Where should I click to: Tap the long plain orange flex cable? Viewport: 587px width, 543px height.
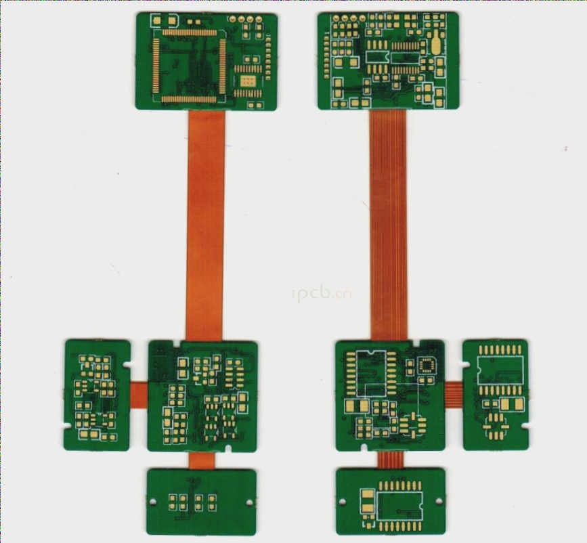click(205, 223)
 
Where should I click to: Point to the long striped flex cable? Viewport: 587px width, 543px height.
click(389, 223)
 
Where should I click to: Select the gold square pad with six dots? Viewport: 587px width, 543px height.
click(248, 82)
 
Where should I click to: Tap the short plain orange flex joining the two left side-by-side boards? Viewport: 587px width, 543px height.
click(139, 395)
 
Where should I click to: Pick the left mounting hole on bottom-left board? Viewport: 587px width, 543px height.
click(153, 502)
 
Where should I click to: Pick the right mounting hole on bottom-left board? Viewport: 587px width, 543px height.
click(250, 502)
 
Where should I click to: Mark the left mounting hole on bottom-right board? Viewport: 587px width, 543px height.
click(343, 501)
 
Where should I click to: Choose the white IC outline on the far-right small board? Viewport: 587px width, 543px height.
click(500, 370)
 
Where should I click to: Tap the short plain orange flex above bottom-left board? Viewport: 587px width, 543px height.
click(201, 460)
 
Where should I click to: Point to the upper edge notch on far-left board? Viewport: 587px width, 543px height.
click(129, 366)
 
